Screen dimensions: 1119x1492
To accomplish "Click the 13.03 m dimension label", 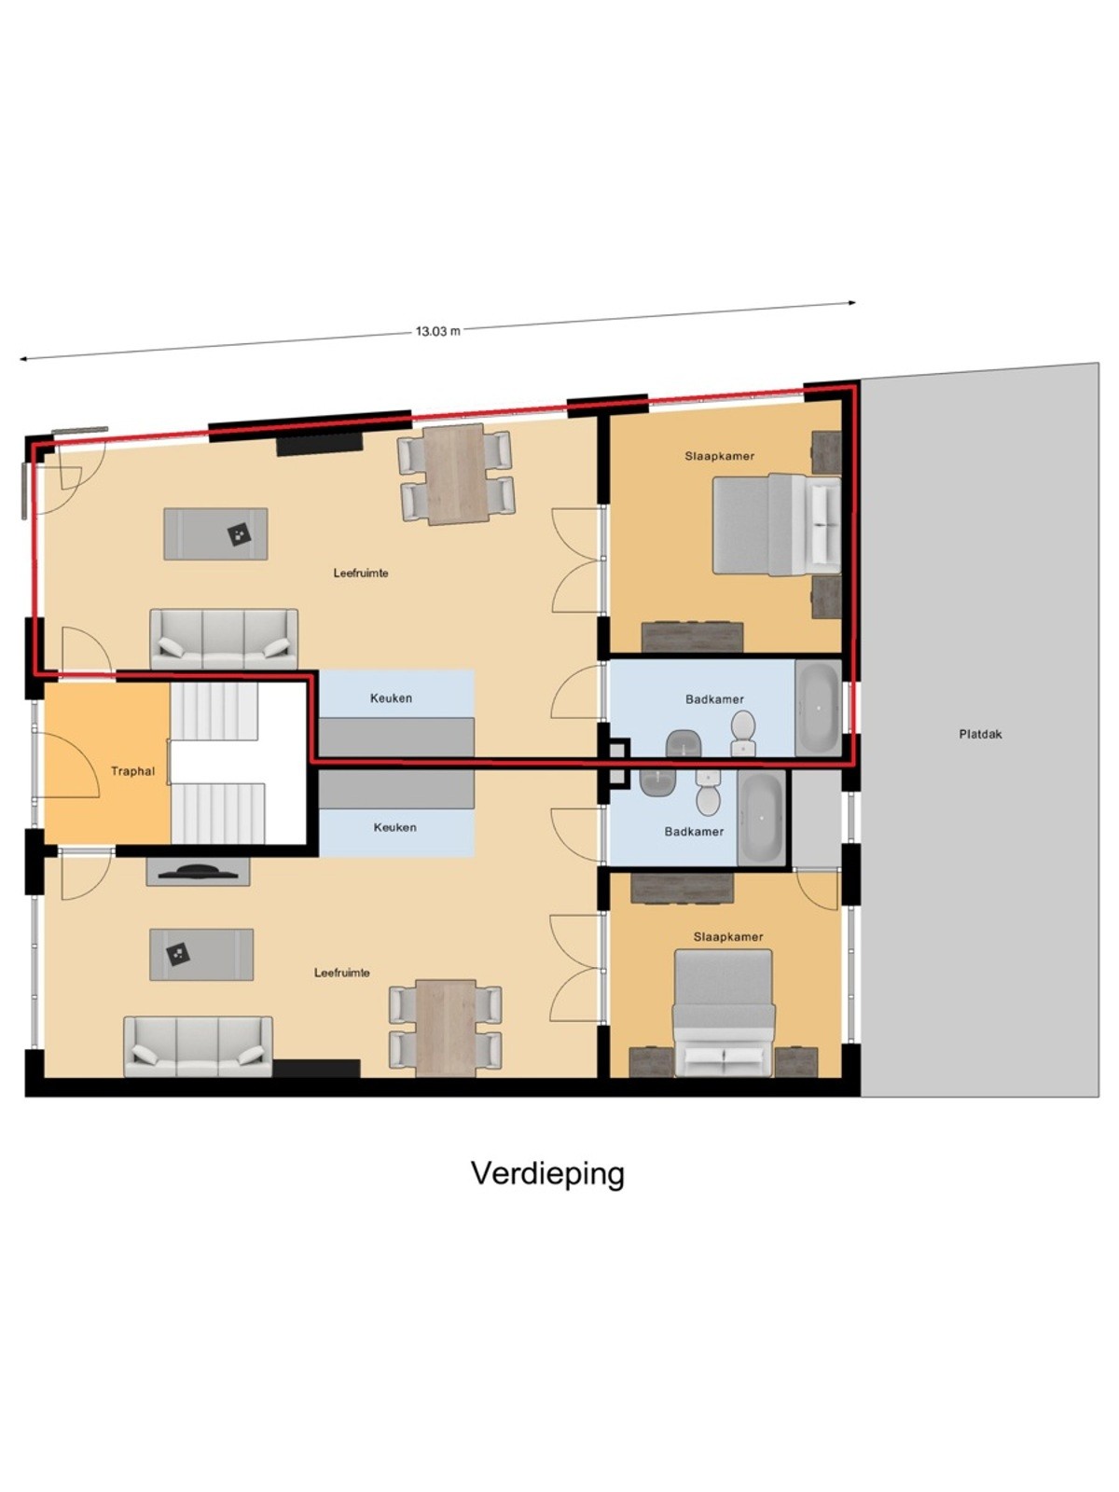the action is (437, 332).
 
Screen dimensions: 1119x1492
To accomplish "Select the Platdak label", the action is (980, 734).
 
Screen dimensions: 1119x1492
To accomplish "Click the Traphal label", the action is (133, 771).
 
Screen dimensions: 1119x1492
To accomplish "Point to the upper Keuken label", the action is (391, 698).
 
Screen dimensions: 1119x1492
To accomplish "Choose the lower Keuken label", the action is (394, 827).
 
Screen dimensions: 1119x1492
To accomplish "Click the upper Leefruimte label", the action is (361, 573).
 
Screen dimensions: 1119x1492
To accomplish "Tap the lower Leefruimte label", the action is (341, 973).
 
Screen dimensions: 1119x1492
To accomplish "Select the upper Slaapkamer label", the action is (720, 456).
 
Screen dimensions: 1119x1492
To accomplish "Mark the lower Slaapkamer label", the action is (728, 936).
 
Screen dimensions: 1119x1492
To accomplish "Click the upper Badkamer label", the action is (714, 698).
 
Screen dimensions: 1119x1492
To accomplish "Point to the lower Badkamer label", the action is (694, 831).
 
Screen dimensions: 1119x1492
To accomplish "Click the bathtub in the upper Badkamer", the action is (818, 708).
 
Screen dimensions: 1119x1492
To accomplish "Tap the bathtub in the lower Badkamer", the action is (762, 819).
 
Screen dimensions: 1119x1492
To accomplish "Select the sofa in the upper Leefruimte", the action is (224, 639).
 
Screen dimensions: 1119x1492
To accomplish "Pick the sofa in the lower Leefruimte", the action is (199, 1046).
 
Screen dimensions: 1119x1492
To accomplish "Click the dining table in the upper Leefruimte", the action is (455, 474).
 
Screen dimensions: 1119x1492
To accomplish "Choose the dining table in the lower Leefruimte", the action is (446, 1028).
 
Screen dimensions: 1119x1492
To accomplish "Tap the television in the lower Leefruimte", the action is (198, 871).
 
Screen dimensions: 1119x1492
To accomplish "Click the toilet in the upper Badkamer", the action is (743, 734).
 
